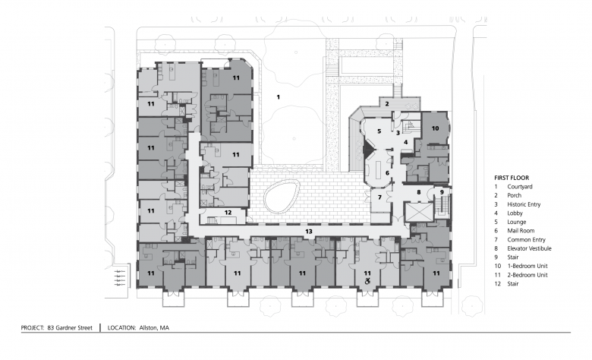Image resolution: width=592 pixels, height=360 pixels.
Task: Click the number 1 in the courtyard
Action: coord(279,97)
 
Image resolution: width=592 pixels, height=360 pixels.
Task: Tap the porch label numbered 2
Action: coord(387,103)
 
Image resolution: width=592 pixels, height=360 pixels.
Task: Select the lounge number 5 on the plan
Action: coord(379,131)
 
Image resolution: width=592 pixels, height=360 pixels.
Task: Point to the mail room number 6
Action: coord(387,173)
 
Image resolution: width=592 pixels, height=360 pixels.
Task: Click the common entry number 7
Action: coord(379,197)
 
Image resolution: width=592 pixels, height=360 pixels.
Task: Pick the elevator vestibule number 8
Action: coord(419,192)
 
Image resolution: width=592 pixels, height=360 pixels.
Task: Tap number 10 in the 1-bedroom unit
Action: coord(436,128)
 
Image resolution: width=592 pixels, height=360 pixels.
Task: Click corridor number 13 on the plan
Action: coord(309,231)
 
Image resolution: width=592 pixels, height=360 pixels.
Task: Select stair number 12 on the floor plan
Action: coord(228,213)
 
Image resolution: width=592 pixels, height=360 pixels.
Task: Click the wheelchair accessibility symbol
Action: coord(367,281)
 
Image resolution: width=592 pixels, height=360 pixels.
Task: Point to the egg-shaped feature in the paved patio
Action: coord(282,196)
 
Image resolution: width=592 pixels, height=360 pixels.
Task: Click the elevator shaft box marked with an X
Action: coord(419,212)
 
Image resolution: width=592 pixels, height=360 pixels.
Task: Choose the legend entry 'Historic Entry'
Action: coord(524,204)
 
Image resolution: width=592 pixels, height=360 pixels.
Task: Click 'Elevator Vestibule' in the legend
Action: coord(529,248)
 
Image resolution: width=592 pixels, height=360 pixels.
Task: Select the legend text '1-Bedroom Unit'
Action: coord(527,266)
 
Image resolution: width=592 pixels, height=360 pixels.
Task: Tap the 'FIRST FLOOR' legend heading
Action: coord(512,178)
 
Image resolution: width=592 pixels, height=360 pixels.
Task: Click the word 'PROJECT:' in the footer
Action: coord(33,328)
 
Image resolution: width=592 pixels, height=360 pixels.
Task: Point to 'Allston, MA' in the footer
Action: coord(154,328)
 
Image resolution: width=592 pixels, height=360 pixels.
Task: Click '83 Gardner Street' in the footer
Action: coord(70,328)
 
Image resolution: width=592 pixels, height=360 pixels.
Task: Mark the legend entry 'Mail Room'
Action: coord(521,231)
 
